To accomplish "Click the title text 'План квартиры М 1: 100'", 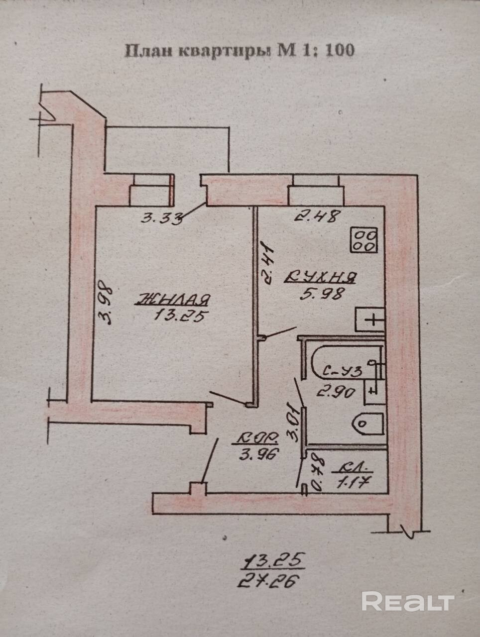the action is (239, 51).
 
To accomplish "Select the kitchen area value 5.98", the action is (322, 294).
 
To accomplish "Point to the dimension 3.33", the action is (160, 217).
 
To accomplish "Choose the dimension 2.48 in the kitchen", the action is (317, 216).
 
